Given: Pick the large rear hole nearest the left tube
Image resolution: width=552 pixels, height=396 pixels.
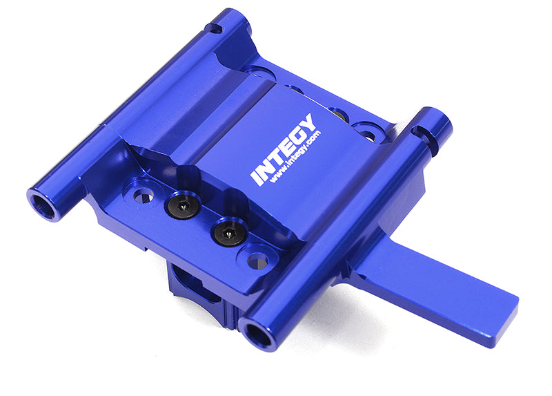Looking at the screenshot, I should click(x=260, y=72).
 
